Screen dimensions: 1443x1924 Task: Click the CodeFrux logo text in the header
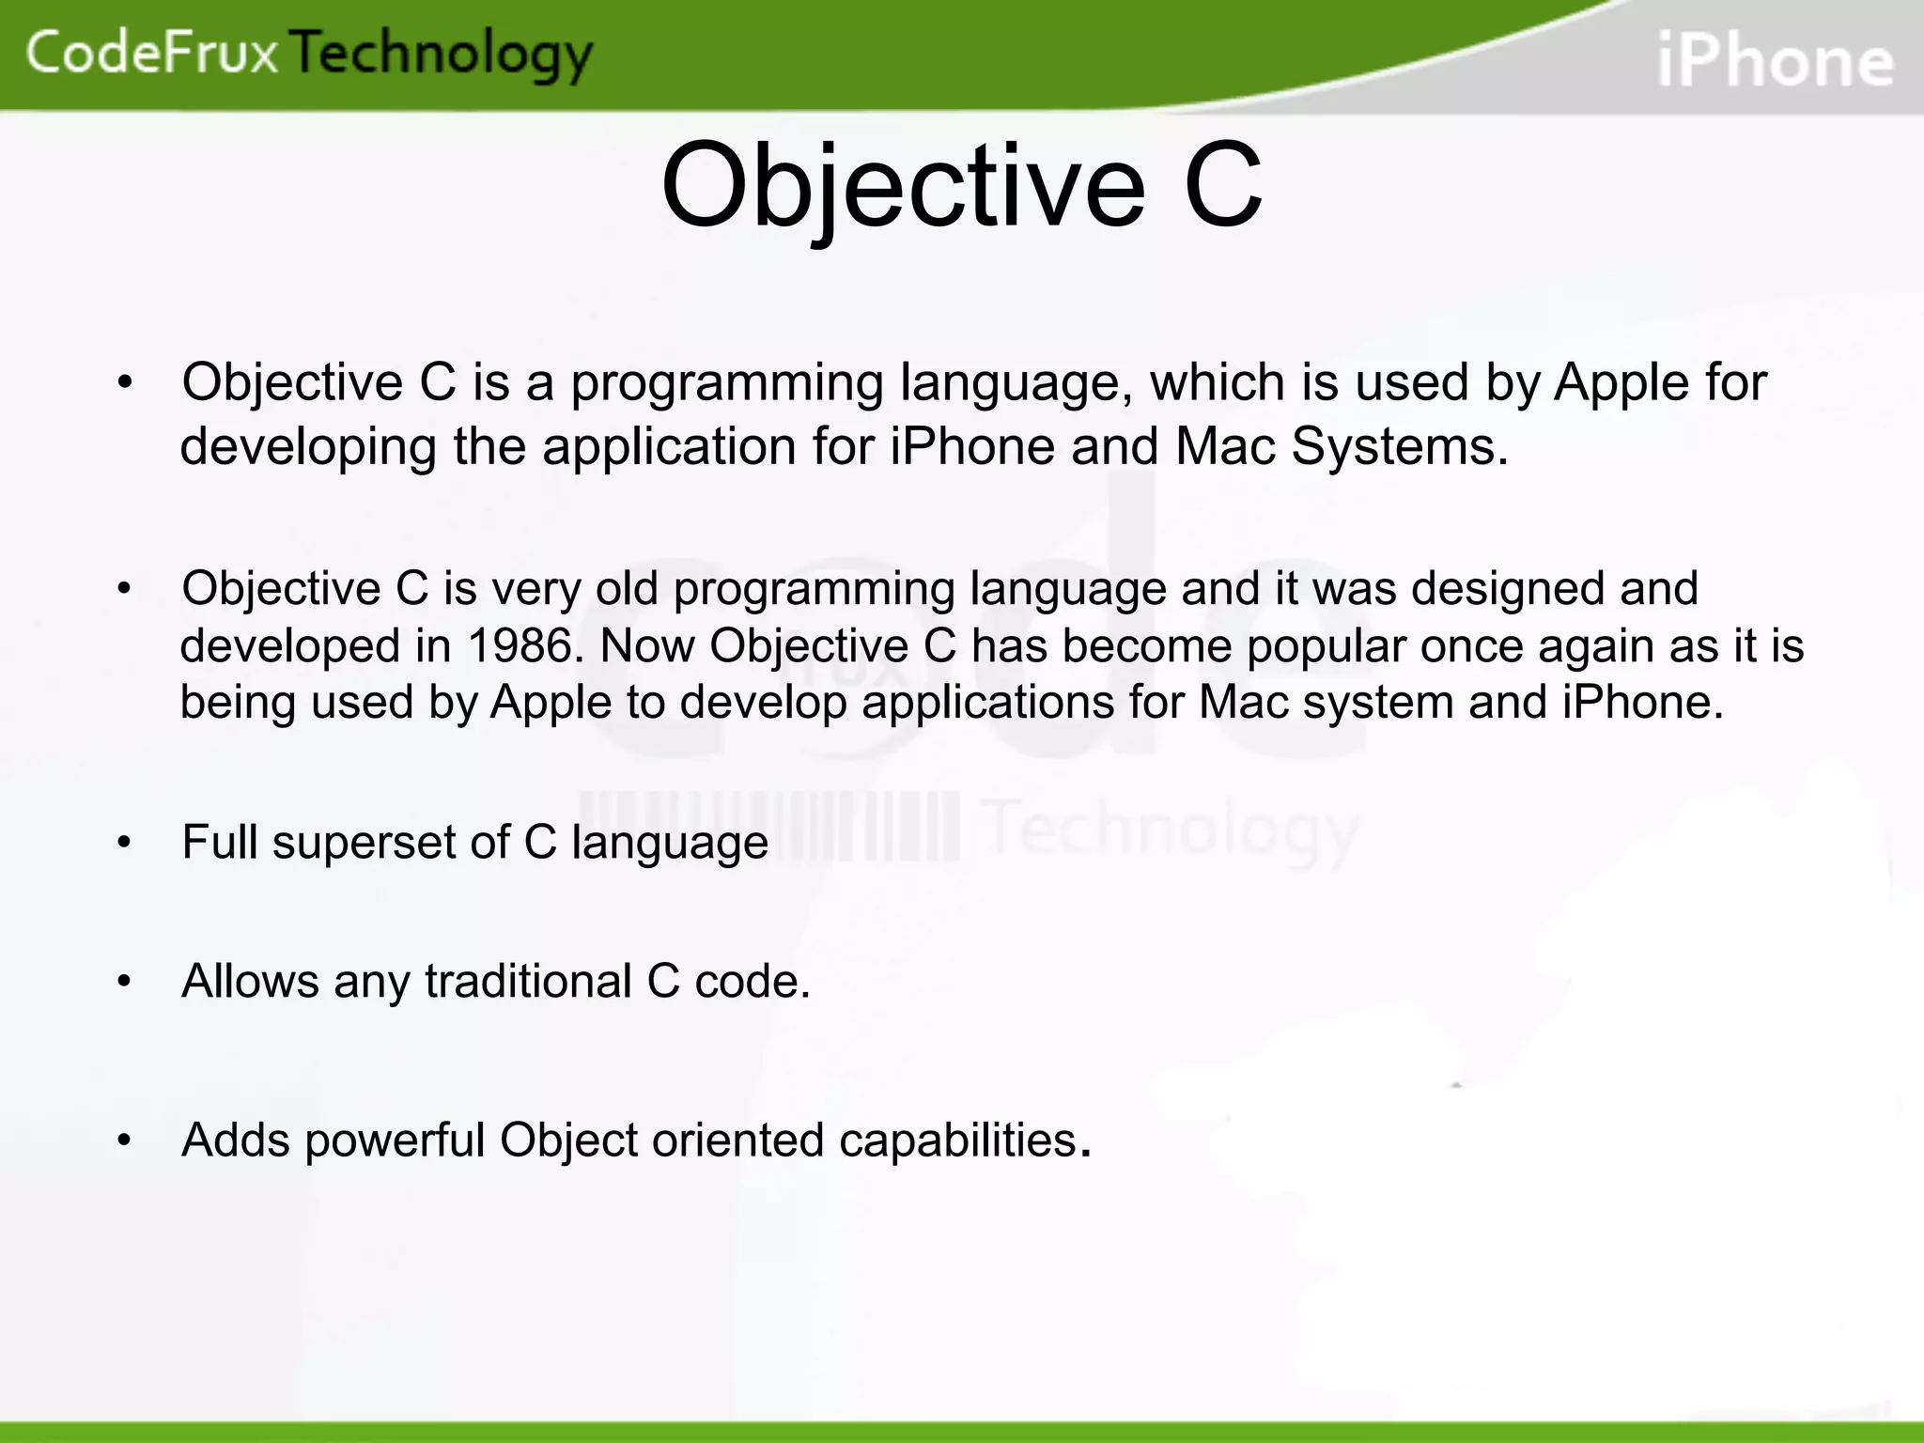click(152, 53)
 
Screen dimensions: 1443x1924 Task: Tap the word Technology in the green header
click(442, 54)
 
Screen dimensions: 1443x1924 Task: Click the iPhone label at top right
click(1775, 61)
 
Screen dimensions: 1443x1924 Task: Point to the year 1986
click(520, 646)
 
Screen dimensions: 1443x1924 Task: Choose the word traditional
click(527, 982)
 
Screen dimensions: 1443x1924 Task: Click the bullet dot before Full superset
click(124, 843)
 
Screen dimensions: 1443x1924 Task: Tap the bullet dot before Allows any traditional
click(124, 982)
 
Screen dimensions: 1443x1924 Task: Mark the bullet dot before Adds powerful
click(124, 1140)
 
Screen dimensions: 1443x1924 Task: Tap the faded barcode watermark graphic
click(770, 827)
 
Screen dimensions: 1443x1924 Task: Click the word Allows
click(250, 982)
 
